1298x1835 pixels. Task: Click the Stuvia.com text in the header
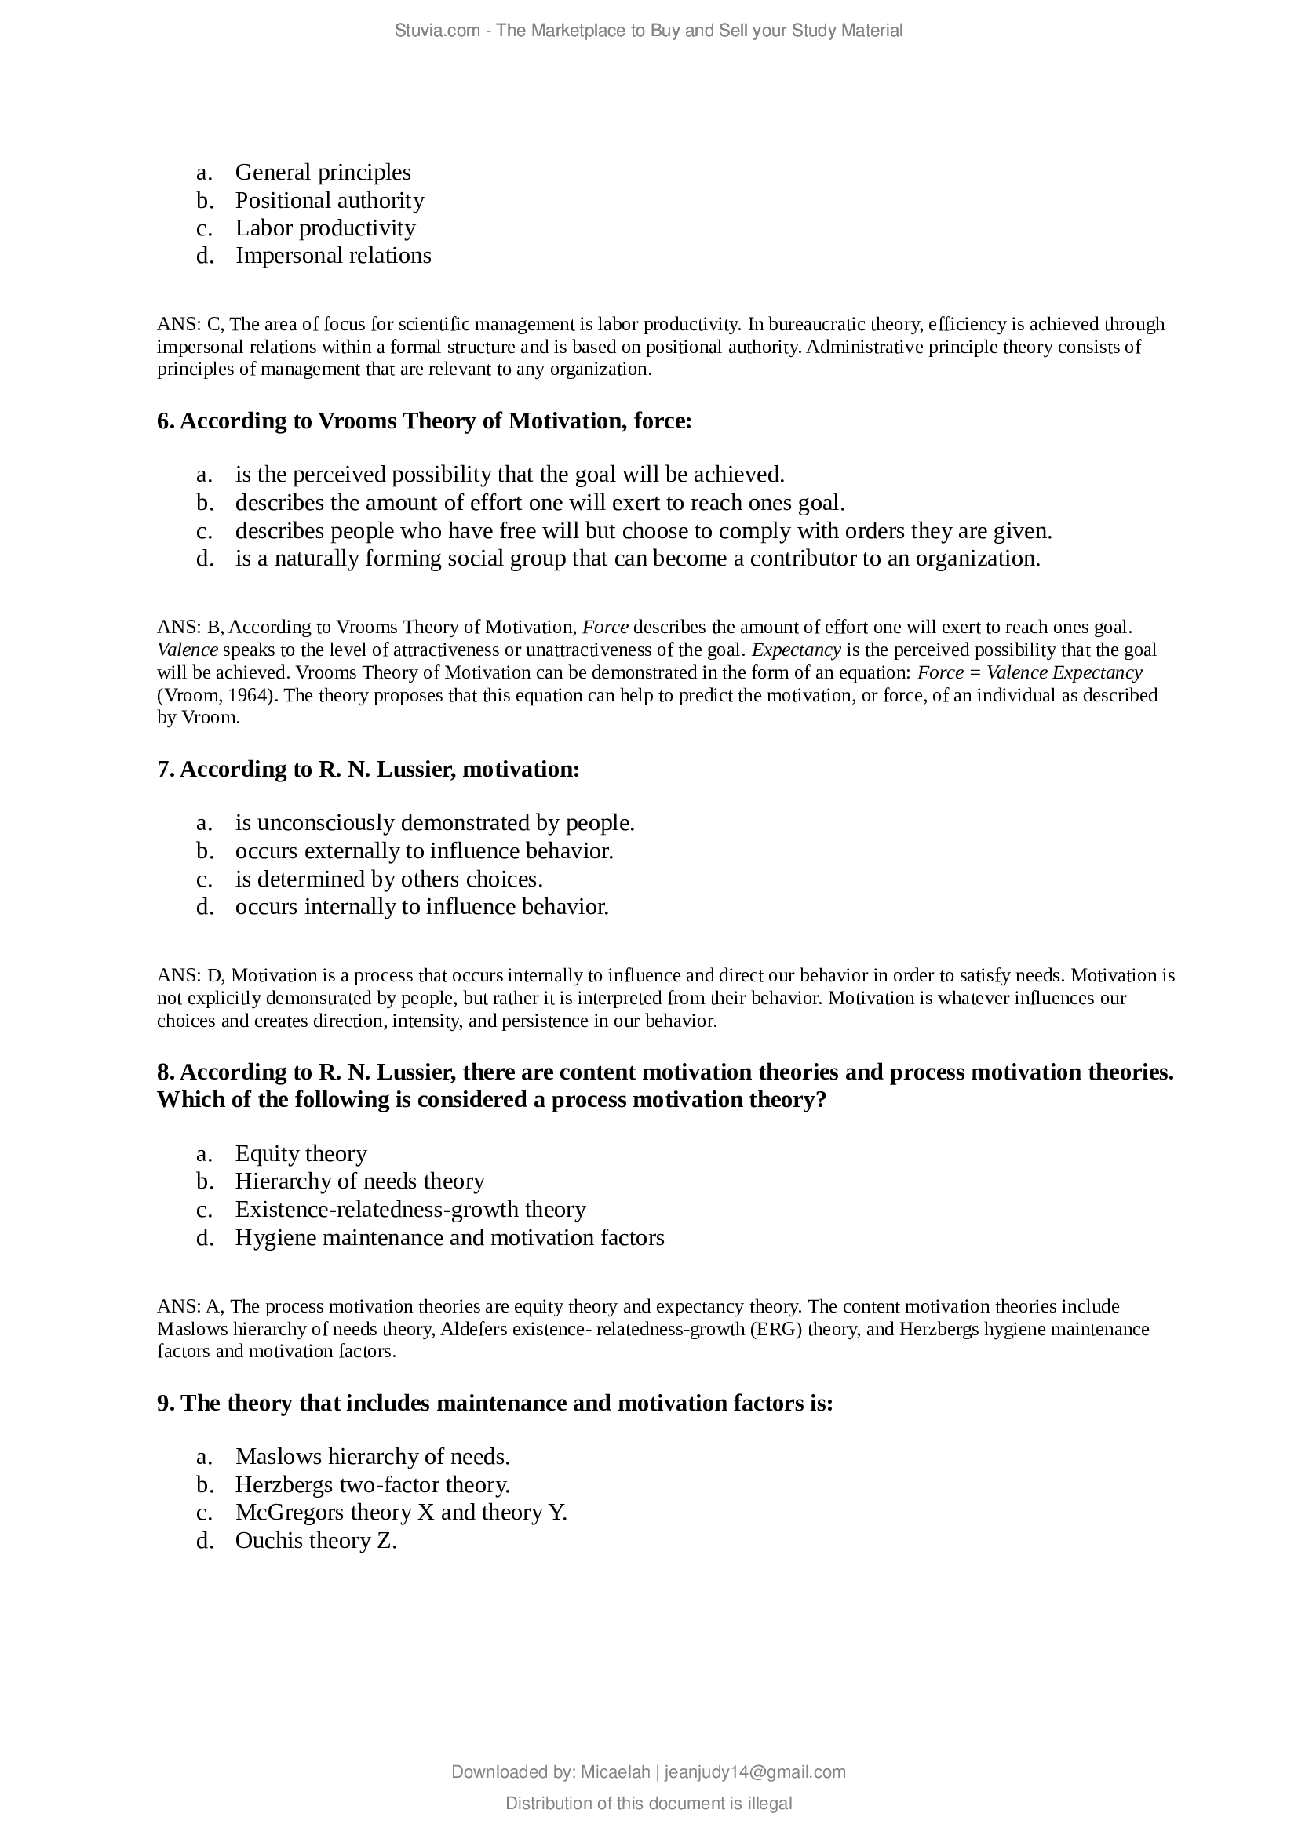[436, 31]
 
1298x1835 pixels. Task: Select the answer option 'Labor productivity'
[325, 228]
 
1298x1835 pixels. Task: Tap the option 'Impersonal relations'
[333, 256]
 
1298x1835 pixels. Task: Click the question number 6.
[165, 421]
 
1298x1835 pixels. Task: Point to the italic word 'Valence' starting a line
[187, 650]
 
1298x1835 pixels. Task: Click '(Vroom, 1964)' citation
[216, 694]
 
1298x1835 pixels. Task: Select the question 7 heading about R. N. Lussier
[367, 769]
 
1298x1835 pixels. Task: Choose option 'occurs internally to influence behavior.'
[421, 907]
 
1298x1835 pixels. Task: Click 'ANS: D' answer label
[191, 976]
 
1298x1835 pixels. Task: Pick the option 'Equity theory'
[301, 1153]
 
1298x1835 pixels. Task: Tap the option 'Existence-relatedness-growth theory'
[410, 1209]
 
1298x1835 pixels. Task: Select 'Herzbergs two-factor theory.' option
[372, 1485]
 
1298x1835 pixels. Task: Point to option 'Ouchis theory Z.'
[315, 1541]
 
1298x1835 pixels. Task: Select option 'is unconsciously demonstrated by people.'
[434, 823]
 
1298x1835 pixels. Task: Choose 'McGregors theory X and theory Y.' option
[400, 1513]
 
